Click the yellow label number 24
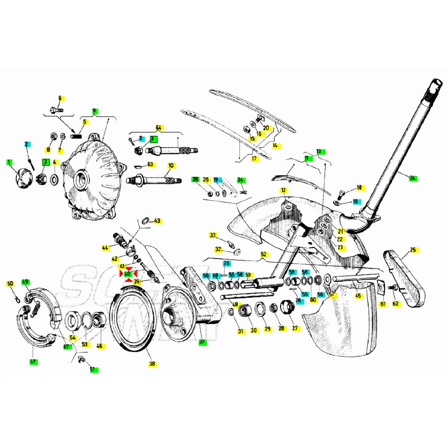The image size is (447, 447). tap(413, 178)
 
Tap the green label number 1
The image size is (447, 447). tap(9, 162)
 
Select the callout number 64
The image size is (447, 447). tap(158, 128)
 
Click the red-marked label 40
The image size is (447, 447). tap(128, 273)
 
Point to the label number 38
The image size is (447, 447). tap(152, 364)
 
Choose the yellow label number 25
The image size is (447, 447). tap(413, 250)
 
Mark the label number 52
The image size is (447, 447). tap(264, 254)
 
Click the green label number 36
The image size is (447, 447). tap(195, 179)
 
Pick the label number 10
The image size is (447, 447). tap(171, 165)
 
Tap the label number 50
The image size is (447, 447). tap(11, 283)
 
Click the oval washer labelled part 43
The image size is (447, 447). tap(144, 221)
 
